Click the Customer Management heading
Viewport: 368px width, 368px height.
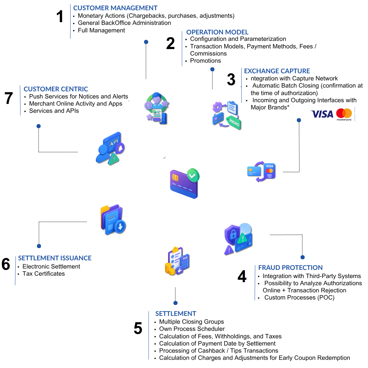tap(115, 8)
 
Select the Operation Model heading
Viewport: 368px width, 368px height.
tap(217, 32)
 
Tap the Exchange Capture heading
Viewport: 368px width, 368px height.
tap(277, 71)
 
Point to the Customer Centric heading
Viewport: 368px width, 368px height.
tap(56, 89)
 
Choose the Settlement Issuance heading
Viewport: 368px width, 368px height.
tap(55, 258)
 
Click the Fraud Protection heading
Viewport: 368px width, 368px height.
tap(290, 267)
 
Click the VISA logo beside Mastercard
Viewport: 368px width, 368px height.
tap(322, 114)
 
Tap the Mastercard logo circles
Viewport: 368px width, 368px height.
tap(344, 113)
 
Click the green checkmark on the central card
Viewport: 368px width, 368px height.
tap(193, 175)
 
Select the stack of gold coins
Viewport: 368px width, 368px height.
tap(170, 268)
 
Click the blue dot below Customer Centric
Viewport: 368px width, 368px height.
tap(39, 126)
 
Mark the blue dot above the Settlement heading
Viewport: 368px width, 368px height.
tap(175, 303)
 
